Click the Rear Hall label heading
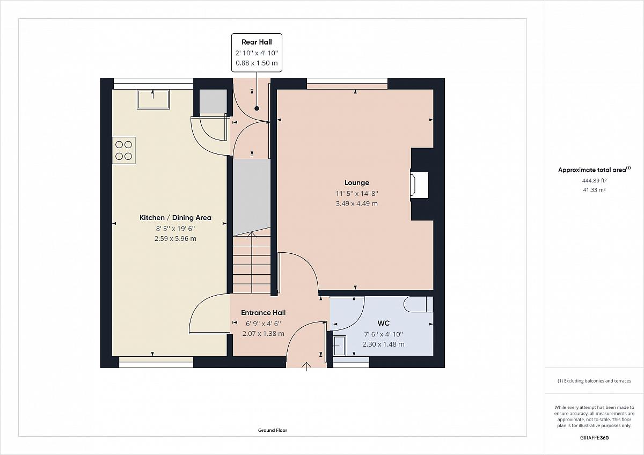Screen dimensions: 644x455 (x=257, y=42)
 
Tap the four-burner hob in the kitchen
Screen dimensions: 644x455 (x=123, y=150)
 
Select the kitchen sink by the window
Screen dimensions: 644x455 (x=153, y=99)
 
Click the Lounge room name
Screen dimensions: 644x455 (x=357, y=182)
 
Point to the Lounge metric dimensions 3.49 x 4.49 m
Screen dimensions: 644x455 (x=357, y=203)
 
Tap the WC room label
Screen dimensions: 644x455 (x=383, y=323)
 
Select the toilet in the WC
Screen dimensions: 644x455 (x=418, y=304)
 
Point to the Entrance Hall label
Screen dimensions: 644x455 (x=264, y=312)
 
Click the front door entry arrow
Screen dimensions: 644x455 (x=307, y=367)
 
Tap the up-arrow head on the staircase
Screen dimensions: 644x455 (x=252, y=234)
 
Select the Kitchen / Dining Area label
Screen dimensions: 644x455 (x=175, y=218)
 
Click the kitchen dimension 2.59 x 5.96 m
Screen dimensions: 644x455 (x=175, y=239)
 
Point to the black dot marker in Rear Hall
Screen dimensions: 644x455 (x=257, y=108)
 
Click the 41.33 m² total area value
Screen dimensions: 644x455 (x=594, y=190)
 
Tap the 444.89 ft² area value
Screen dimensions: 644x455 (x=594, y=180)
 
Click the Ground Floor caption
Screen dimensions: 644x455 (x=273, y=430)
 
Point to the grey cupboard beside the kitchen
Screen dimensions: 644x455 (x=214, y=102)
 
